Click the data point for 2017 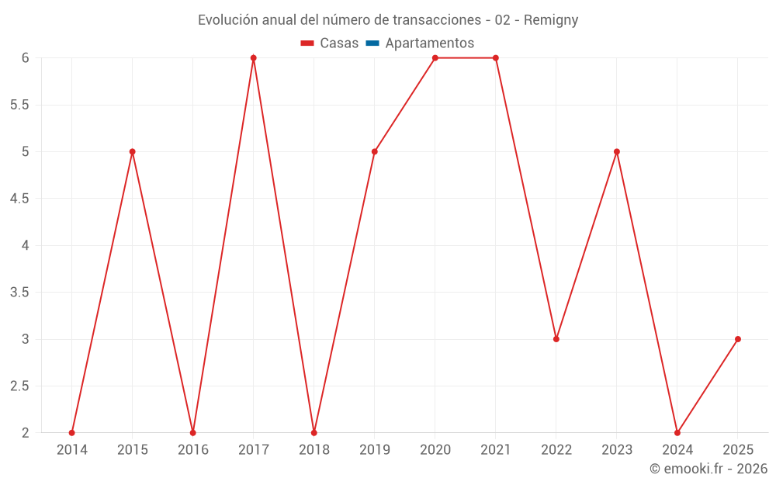[254, 58]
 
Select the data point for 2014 [72, 432]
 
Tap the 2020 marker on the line [435, 58]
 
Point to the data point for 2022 [556, 339]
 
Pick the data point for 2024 [677, 432]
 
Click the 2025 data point [738, 339]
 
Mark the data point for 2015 [133, 151]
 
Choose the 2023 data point [617, 151]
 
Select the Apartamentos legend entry [429, 43]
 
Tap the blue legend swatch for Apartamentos [372, 43]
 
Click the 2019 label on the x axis [375, 450]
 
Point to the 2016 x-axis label [193, 450]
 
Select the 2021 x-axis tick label [496, 450]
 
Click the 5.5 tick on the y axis [19, 105]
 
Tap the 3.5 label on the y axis [19, 293]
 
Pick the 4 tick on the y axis [25, 245]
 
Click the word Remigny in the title [551, 20]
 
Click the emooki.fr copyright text [708, 469]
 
